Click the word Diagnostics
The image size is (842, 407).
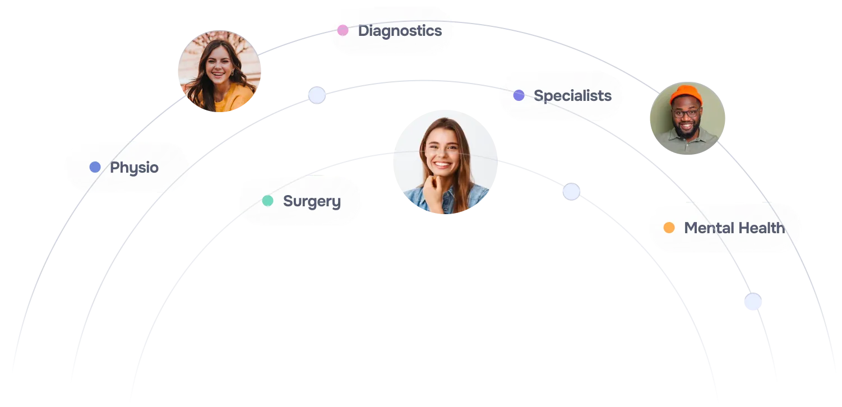[x=400, y=31]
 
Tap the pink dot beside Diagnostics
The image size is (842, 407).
[x=343, y=30]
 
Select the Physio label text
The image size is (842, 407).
[x=134, y=168]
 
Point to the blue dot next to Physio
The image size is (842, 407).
[x=95, y=167]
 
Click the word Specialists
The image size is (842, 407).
[x=572, y=96]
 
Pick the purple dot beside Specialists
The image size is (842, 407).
[x=519, y=95]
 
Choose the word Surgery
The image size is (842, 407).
[x=312, y=201]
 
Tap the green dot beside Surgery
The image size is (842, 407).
[x=268, y=201]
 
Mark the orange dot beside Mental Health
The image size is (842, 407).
[x=669, y=228]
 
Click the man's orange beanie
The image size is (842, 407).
[x=686, y=94]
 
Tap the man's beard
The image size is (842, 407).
[x=686, y=130]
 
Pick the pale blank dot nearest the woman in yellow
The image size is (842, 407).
[x=317, y=95]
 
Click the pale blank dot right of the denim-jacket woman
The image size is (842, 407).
[x=571, y=191]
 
